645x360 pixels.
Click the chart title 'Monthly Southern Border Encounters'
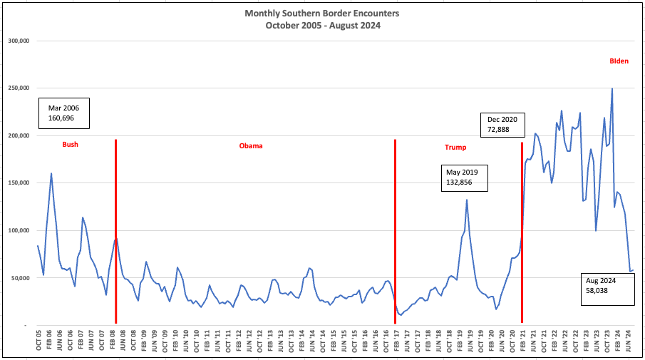tap(321, 14)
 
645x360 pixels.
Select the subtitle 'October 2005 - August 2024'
tap(323, 26)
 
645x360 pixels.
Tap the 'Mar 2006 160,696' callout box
tap(63, 113)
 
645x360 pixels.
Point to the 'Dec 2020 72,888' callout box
tap(502, 125)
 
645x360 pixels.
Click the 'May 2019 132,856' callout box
tap(465, 178)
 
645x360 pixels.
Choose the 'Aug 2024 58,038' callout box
tap(607, 289)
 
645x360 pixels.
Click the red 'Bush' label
tap(71, 145)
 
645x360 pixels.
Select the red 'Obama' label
tap(251, 145)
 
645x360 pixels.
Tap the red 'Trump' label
tap(455, 148)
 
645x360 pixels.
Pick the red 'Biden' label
tap(619, 61)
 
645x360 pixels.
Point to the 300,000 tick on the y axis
tap(19, 41)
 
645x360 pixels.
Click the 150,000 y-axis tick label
tap(19, 182)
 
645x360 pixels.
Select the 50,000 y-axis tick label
tap(20, 278)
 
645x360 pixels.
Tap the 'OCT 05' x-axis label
tap(39, 340)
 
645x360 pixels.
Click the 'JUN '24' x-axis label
tap(628, 340)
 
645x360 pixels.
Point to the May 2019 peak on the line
tap(467, 200)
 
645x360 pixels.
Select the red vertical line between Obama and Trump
tap(396, 231)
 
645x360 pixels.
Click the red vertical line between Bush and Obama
tap(116, 231)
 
